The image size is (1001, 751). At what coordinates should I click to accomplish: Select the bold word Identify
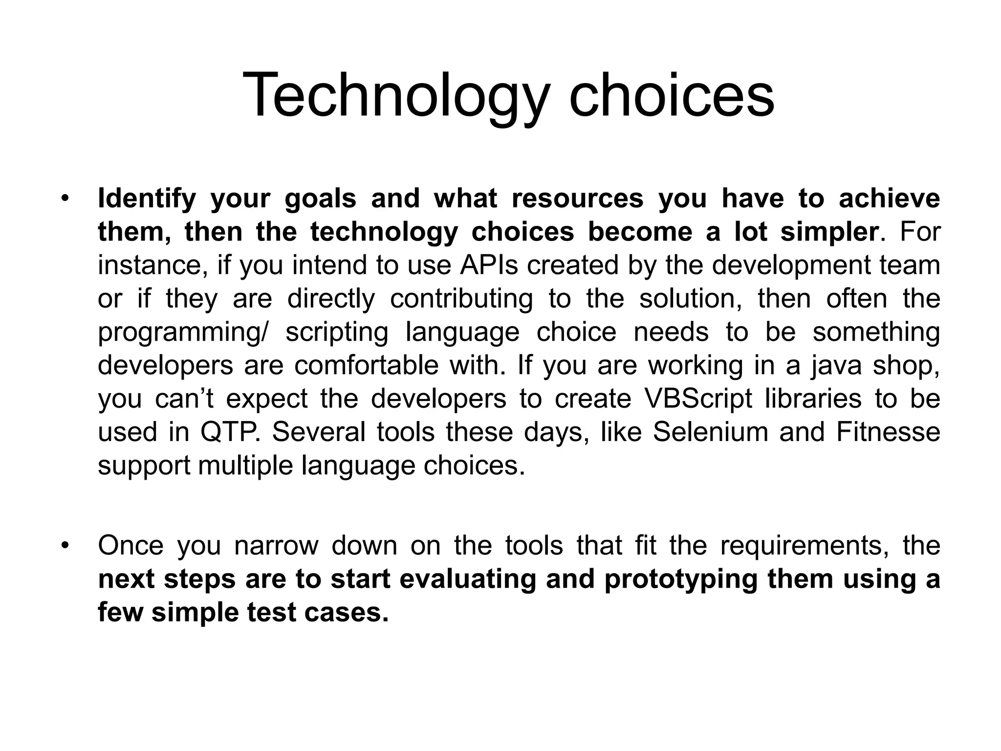pos(146,199)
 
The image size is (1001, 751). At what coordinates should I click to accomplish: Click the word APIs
pos(488,265)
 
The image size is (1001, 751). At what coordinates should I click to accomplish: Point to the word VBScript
pos(698,399)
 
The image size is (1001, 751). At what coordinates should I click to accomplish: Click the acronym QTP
pos(229,432)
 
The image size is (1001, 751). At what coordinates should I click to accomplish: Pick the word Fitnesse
pos(888,432)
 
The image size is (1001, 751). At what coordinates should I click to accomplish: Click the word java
pos(836,366)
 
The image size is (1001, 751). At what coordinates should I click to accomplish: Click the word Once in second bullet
pos(131,546)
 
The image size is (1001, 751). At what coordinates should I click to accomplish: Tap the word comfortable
pos(366,366)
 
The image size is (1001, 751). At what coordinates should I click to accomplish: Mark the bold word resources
pos(577,199)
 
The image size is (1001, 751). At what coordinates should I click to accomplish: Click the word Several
pos(318,432)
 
